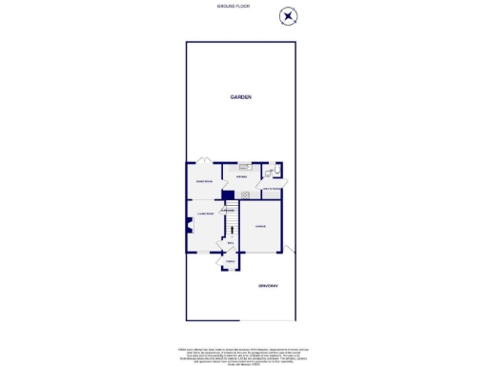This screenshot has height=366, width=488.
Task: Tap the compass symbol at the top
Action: pyautogui.click(x=288, y=16)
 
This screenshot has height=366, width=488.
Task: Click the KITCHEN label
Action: pyautogui.click(x=241, y=176)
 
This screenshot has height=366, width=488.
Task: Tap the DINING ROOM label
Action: pyautogui.click(x=204, y=181)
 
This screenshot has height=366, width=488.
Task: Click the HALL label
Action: pyautogui.click(x=230, y=242)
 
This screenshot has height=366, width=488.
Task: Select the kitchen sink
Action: pyautogui.click(x=244, y=166)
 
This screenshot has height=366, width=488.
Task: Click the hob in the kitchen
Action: pyautogui.click(x=245, y=194)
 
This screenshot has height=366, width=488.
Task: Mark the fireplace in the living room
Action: pyautogui.click(x=188, y=227)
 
